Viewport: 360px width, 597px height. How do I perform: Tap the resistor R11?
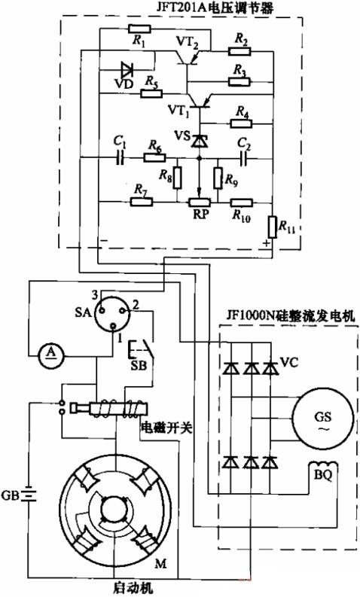click(x=273, y=224)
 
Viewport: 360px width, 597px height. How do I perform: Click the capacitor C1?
click(x=119, y=159)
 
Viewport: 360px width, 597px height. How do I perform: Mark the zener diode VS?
click(x=199, y=140)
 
